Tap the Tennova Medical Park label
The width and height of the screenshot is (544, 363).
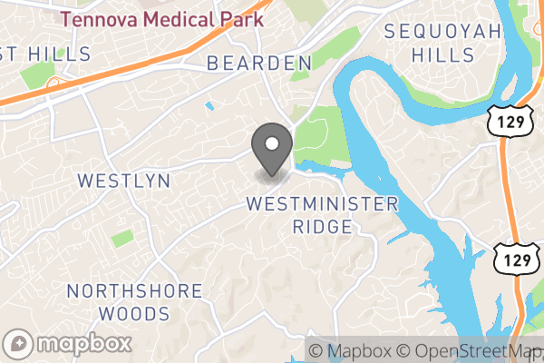(x=162, y=18)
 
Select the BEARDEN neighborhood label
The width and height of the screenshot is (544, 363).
(x=259, y=63)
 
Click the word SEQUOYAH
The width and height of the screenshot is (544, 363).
(x=442, y=32)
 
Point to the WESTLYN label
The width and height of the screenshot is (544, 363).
(x=124, y=180)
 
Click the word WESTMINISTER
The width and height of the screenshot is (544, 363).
(x=322, y=203)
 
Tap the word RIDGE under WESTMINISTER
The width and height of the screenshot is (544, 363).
(x=322, y=227)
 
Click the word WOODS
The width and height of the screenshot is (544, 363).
(x=134, y=314)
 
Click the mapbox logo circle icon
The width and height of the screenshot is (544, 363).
(x=20, y=344)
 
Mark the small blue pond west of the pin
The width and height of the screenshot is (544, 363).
(x=210, y=106)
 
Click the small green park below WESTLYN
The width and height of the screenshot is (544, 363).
(x=122, y=239)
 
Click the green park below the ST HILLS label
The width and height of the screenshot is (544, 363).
(x=37, y=76)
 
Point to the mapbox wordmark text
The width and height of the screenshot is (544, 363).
(x=83, y=344)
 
